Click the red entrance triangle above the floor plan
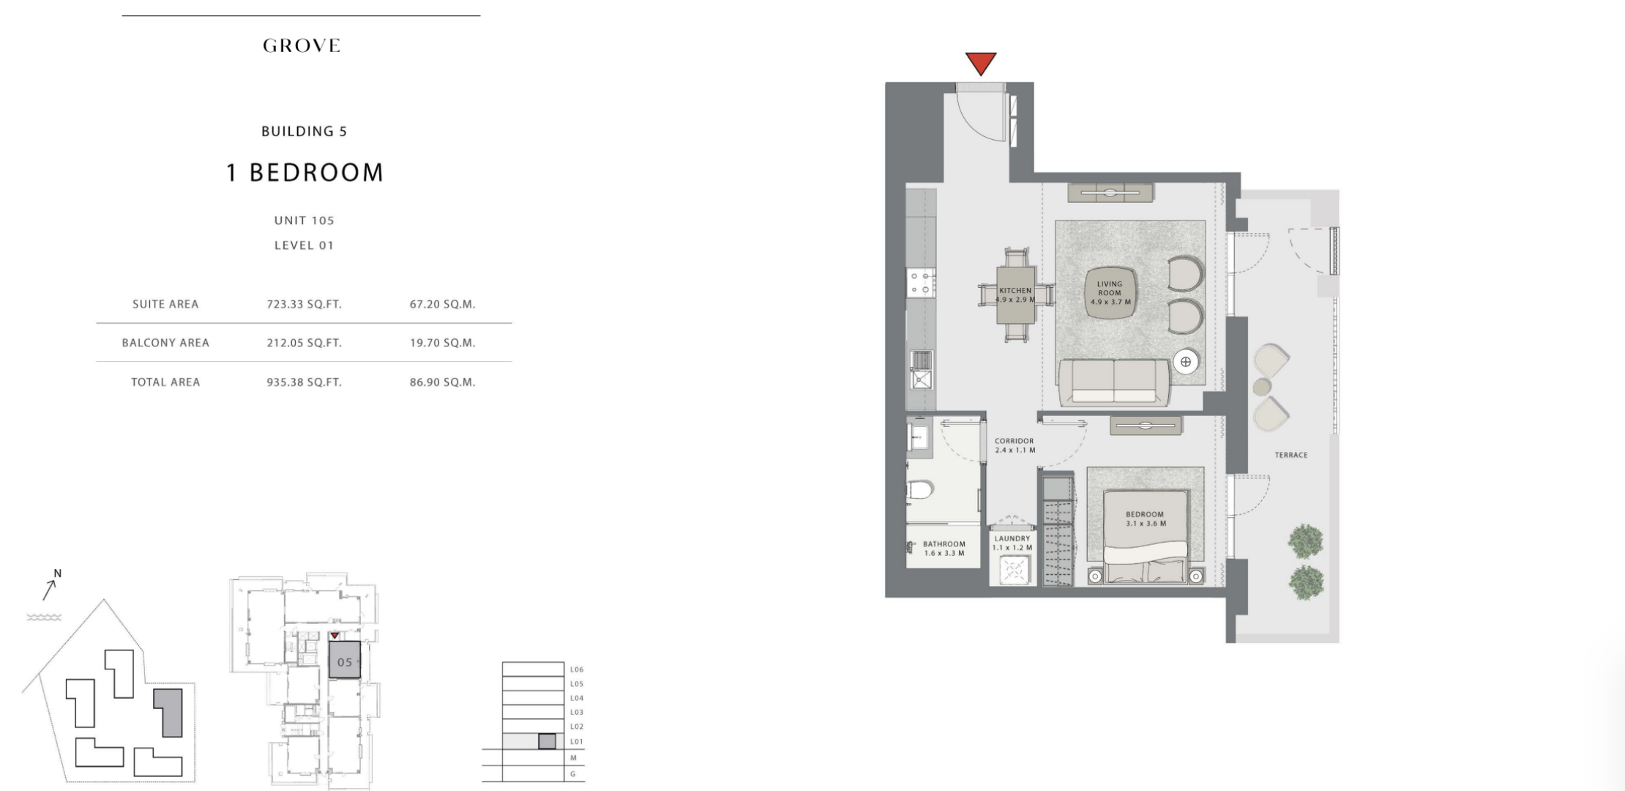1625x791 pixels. click(981, 63)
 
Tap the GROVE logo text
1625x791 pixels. click(302, 45)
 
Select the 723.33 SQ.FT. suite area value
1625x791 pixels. click(304, 304)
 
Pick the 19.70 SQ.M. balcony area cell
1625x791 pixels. click(443, 343)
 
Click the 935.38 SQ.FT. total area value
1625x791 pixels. click(304, 382)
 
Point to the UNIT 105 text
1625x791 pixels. click(304, 220)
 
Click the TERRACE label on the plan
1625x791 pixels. click(1291, 455)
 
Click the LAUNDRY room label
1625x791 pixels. click(1012, 538)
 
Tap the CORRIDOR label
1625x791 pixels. click(1014, 441)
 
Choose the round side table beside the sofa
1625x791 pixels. click(1185, 362)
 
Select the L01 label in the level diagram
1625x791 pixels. click(576, 741)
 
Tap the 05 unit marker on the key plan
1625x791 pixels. click(345, 662)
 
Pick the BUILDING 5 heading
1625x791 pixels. click(304, 132)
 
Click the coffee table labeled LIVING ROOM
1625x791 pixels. click(1110, 293)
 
